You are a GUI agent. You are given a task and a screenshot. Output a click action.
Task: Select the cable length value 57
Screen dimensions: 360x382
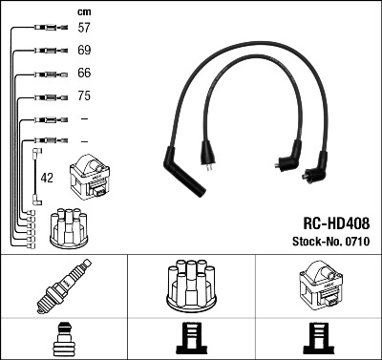84,29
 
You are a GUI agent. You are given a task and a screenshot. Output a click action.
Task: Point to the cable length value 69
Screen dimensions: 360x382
84,49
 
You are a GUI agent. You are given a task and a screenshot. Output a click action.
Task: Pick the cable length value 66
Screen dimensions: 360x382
84,73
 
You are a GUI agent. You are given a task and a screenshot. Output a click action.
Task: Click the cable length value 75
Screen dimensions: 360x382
84,96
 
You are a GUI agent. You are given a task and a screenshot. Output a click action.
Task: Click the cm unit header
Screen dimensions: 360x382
83,11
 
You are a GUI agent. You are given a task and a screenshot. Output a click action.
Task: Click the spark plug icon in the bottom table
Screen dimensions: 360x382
63,287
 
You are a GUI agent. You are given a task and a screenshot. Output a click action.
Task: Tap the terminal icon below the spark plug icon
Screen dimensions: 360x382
63,338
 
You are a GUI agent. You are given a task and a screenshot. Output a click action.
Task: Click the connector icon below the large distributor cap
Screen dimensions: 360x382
191,338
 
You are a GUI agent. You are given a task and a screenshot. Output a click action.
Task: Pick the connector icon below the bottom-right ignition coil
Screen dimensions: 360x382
317,338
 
